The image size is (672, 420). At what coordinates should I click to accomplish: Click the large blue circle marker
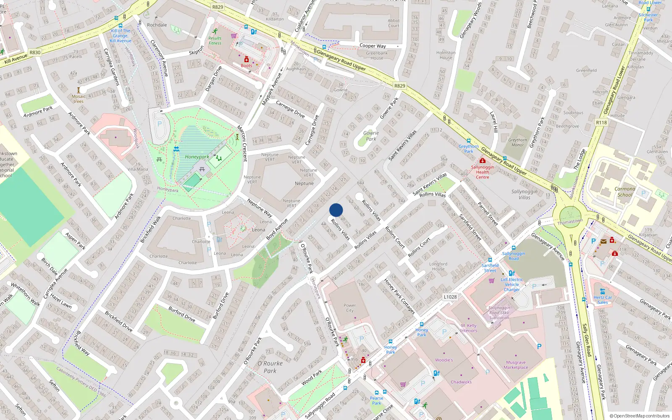coord(336,210)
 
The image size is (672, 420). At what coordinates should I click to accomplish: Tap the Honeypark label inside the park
coord(197,157)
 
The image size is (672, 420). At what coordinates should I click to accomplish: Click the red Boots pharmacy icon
coord(247,59)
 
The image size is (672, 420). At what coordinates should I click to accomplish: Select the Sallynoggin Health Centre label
coord(482,172)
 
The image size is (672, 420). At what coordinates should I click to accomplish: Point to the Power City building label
coord(349,308)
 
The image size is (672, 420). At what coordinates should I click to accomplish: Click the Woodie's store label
coord(444,360)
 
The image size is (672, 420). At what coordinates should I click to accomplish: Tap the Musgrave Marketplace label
coord(516,365)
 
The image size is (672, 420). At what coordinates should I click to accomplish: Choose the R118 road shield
coord(601,123)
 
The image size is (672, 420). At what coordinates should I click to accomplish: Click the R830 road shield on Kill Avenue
coord(35,52)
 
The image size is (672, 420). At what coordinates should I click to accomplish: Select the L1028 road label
coord(450,297)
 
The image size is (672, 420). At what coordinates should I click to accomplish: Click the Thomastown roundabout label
coord(570,221)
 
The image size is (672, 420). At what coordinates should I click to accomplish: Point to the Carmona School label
coord(625,192)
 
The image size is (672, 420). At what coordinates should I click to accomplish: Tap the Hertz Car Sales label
coord(603,299)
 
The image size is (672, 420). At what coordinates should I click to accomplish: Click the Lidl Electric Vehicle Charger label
coord(512,284)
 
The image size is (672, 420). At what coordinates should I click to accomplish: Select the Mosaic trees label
coord(79,99)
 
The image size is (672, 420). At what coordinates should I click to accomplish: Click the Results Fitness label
coord(215,40)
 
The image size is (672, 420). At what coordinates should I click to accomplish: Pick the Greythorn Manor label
coord(517,142)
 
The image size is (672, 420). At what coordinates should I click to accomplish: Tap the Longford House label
coord(438,266)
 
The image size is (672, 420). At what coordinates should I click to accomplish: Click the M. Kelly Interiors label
coord(468,328)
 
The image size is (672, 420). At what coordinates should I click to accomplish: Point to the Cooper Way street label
coord(373,46)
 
